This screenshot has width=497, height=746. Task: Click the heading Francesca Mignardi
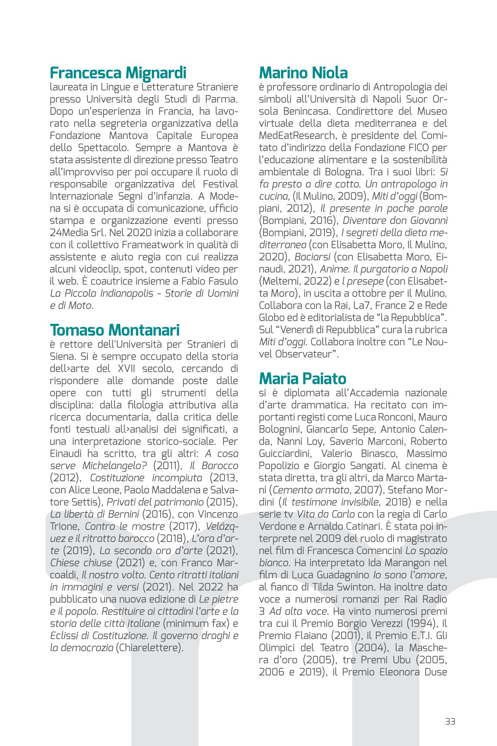coord(118,73)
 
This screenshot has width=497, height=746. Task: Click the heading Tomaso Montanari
coord(115,330)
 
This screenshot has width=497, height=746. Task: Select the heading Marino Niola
coord(303,73)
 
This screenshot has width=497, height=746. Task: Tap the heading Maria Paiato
coord(302,379)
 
